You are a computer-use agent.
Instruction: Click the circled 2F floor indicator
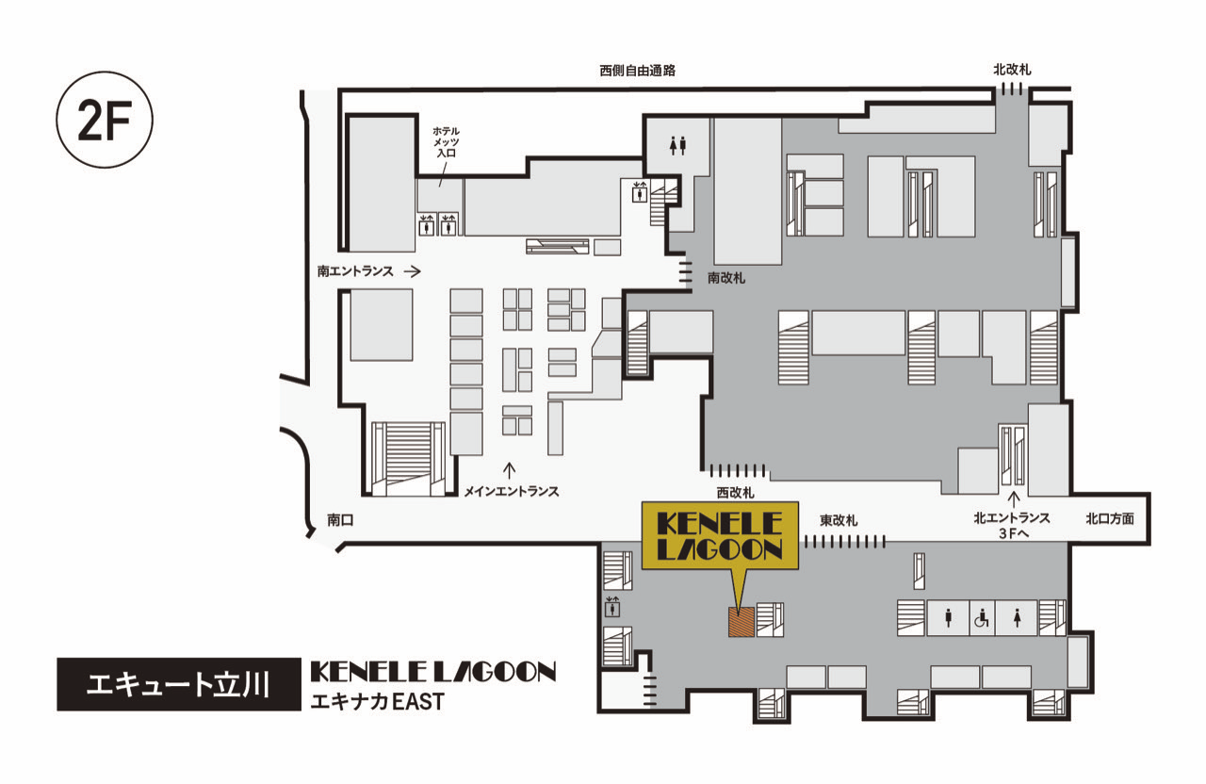105,120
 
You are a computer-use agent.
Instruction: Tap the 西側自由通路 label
638,71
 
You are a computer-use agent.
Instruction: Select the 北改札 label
1012,70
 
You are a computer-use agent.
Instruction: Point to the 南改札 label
726,278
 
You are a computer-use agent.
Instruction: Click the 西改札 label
736,493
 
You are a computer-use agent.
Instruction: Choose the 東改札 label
839,520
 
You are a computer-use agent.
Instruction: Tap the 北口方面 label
1110,518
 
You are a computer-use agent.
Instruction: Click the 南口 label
340,519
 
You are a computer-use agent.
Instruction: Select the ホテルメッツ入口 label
447,142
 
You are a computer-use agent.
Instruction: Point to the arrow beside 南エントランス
413,271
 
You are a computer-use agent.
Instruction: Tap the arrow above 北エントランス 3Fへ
1015,498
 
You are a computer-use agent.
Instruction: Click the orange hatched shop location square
741,622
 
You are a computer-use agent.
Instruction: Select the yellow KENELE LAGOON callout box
720,536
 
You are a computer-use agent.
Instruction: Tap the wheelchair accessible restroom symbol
982,617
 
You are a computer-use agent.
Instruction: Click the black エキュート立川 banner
179,684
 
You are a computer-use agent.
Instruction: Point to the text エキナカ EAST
378,702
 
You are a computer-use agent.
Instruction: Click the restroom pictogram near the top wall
677,145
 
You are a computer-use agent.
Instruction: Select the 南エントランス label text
355,271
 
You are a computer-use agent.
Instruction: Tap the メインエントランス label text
512,491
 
